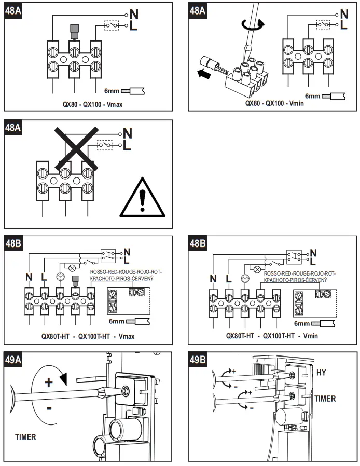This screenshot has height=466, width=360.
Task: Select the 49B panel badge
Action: [200, 360]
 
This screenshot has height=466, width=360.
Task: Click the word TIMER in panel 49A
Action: [25, 437]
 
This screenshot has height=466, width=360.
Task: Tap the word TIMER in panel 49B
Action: [325, 399]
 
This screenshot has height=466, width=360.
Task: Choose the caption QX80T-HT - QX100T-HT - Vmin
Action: [272, 335]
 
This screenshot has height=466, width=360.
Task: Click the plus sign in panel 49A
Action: [48, 383]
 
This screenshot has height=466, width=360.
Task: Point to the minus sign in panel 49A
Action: [49, 408]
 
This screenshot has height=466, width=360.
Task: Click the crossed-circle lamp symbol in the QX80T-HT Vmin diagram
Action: [256, 269]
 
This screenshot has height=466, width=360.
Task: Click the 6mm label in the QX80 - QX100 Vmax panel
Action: [112, 90]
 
